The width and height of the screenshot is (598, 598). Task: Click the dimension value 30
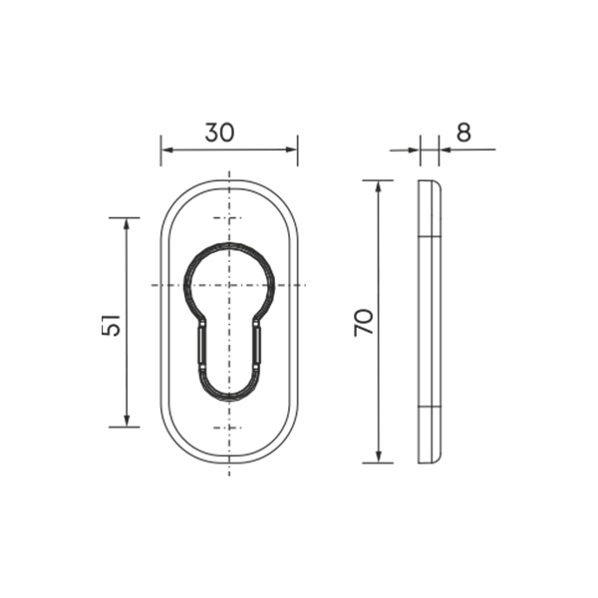click(x=219, y=133)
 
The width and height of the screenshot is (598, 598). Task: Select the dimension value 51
click(x=111, y=325)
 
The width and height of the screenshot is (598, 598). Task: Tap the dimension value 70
click(x=364, y=322)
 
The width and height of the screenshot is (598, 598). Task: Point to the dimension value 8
click(x=463, y=133)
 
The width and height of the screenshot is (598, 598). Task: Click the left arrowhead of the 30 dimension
click(x=166, y=149)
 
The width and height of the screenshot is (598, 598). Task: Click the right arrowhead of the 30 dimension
click(x=292, y=149)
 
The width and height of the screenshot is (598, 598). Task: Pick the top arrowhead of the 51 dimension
click(x=127, y=223)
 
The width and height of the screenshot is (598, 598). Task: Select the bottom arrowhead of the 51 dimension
click(x=127, y=421)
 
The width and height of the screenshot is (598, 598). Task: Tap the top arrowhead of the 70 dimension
click(x=379, y=186)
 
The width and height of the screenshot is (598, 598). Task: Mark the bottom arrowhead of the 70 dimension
click(x=379, y=456)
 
